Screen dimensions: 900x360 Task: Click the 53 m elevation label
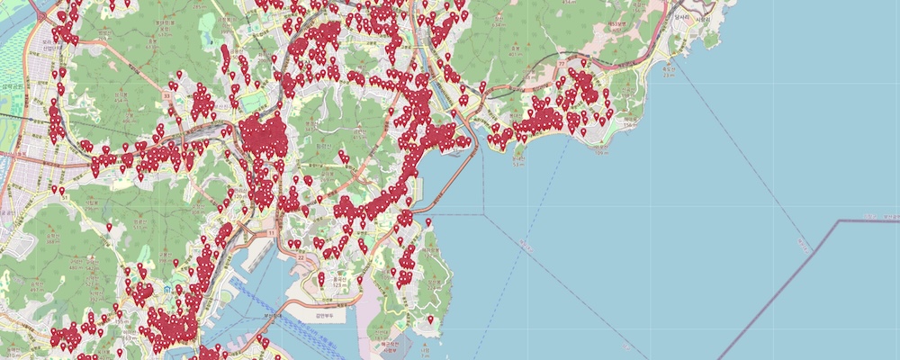pyautogui.click(x=518, y=164)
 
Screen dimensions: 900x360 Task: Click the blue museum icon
pyautogui.click(x=168, y=289)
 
